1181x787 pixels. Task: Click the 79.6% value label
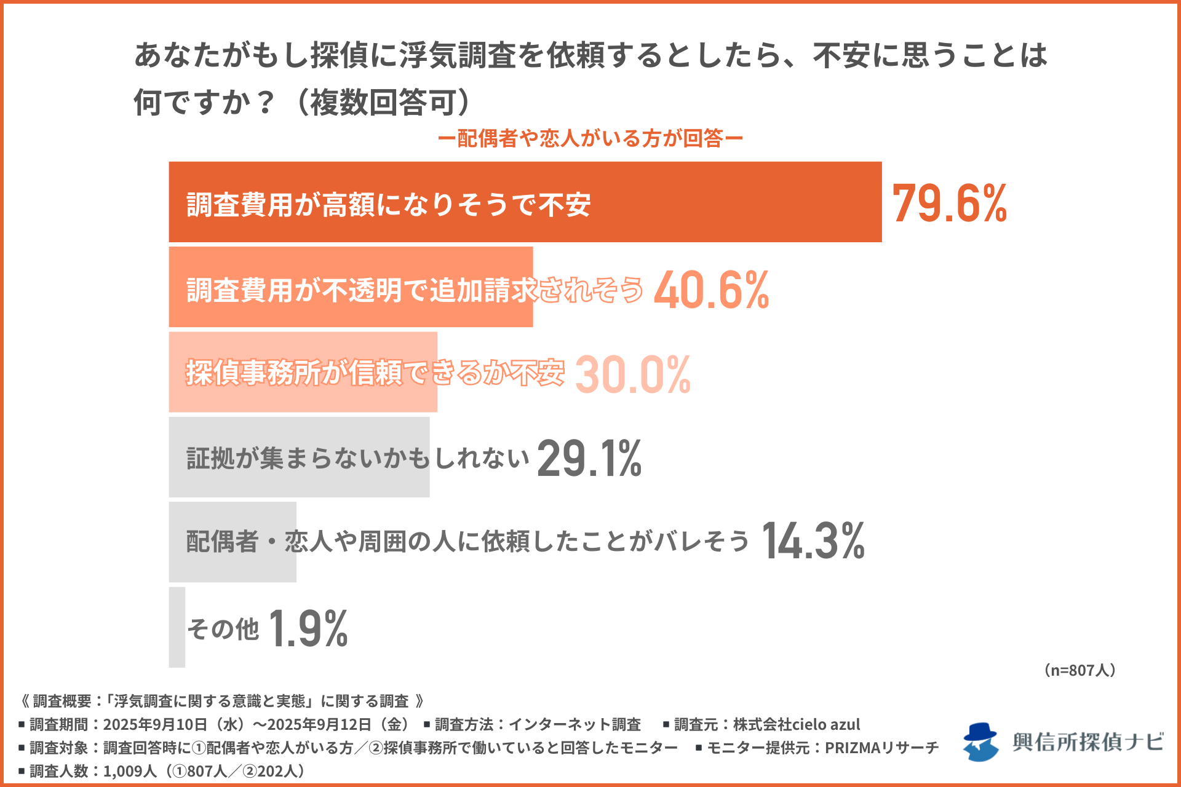pos(949,204)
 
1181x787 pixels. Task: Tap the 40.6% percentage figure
pos(711,290)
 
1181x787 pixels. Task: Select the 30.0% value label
pos(633,374)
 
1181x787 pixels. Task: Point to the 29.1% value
pos(589,459)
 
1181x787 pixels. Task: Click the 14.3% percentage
pos(813,542)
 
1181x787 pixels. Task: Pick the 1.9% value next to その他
pos(308,629)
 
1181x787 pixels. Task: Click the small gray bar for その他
pos(177,627)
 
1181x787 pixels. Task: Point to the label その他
pos(223,629)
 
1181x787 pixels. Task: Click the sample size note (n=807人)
pos(1080,670)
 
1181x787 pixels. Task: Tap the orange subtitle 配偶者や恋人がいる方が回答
pos(590,138)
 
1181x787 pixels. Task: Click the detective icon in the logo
pos(980,742)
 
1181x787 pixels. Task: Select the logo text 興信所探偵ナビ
pos(1088,742)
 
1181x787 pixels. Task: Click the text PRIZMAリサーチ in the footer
pos(881,748)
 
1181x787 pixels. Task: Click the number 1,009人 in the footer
pos(130,771)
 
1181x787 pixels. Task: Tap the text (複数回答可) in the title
pos(381,102)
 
